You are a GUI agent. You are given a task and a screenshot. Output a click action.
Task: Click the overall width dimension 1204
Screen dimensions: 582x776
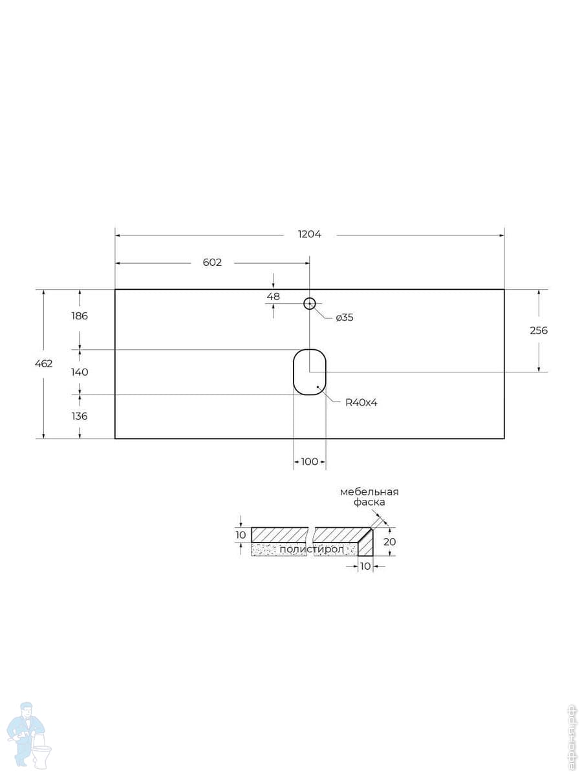click(309, 234)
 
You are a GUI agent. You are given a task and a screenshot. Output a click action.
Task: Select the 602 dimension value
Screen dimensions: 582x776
click(212, 263)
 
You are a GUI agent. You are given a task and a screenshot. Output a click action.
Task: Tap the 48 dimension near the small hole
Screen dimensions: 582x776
click(273, 296)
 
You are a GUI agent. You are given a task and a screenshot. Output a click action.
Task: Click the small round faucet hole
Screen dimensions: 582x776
click(310, 303)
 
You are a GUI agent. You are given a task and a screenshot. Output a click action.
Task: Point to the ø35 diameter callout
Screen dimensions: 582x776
click(344, 318)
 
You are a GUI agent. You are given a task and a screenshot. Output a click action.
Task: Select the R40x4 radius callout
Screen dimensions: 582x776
click(361, 402)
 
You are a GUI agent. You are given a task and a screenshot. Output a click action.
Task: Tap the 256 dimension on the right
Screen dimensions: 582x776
click(539, 330)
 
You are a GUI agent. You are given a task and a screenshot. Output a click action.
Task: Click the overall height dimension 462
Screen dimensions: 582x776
click(44, 363)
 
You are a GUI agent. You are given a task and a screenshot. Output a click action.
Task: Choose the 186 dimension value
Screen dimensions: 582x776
click(80, 316)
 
